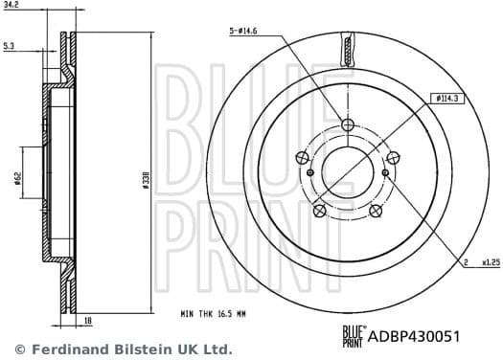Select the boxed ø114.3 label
448,99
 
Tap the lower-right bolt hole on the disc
375,211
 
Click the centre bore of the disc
348,172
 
